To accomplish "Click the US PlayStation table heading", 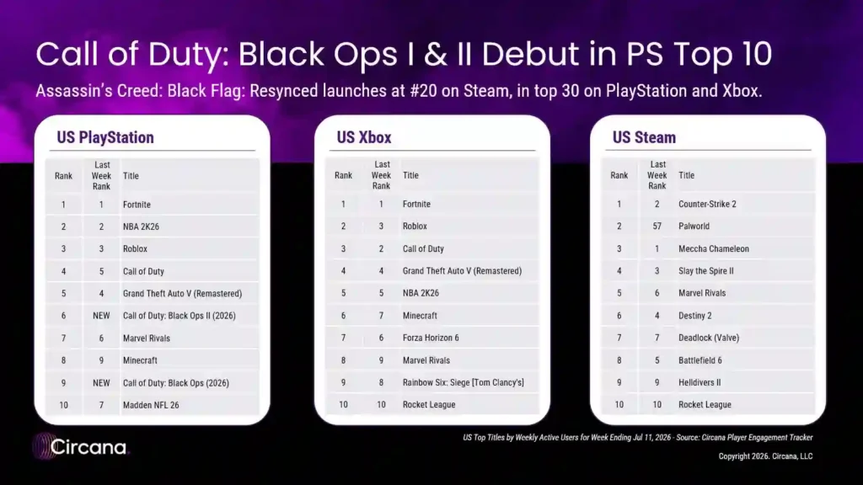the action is click(x=105, y=137).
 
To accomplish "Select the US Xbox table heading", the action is click(x=364, y=137).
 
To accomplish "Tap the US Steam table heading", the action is click(x=644, y=137).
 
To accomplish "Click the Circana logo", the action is click(x=80, y=446).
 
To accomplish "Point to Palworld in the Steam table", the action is click(x=694, y=226).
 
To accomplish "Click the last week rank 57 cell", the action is click(x=657, y=226).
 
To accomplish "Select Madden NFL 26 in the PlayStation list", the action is click(x=151, y=405).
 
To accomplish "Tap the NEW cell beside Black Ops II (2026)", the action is click(x=101, y=316).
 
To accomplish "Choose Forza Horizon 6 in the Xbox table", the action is click(x=431, y=338).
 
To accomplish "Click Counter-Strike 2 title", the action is click(x=707, y=204).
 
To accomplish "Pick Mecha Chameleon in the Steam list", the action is click(x=713, y=248).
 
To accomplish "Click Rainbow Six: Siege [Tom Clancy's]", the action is click(x=463, y=382).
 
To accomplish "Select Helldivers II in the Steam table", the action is click(x=700, y=382).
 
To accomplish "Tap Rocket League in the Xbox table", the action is click(x=429, y=405).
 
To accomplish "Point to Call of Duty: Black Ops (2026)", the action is click(x=175, y=383).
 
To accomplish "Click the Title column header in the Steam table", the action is click(x=686, y=175).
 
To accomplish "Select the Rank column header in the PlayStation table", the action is click(x=63, y=176).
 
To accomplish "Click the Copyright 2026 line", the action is click(x=765, y=456).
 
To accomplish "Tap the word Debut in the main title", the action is click(x=530, y=54).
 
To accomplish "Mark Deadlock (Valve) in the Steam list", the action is click(x=708, y=338).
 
